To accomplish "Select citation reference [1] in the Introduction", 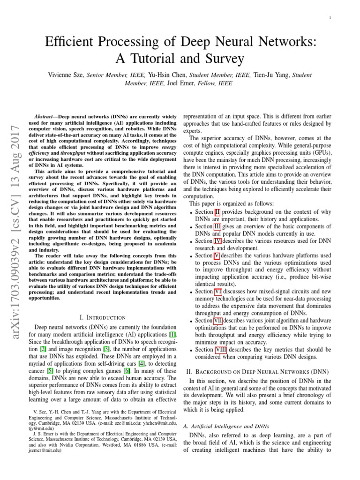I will [173, 334].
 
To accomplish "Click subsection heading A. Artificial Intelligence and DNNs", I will [226, 427].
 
